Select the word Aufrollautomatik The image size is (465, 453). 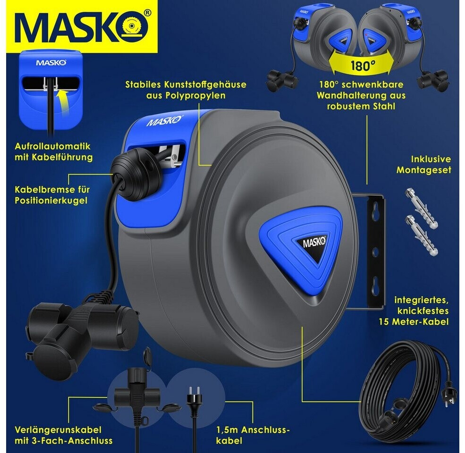52,146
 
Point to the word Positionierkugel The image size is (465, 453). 51,201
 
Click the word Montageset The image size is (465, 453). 424,170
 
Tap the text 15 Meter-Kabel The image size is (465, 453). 414,322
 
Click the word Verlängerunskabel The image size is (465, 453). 58,430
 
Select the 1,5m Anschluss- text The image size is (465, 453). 253,430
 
